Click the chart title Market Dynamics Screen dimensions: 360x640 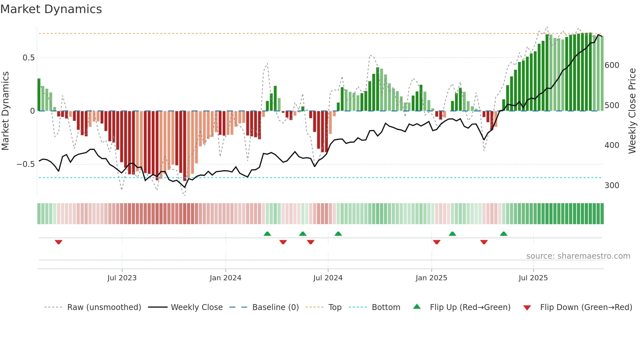(x=51, y=9)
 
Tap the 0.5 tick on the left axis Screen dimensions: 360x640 (x=28, y=58)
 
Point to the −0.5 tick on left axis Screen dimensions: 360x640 (x=26, y=164)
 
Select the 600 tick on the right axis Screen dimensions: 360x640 (x=612, y=65)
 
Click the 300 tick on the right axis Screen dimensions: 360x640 (x=612, y=186)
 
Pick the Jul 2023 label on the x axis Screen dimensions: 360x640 (x=122, y=278)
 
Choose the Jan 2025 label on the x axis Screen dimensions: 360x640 (x=431, y=278)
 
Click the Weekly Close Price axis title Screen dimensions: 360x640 (x=632, y=111)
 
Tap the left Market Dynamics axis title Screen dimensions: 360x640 (x=5, y=111)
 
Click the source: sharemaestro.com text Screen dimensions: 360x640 (x=578, y=256)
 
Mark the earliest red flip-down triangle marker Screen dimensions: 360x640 (x=58, y=242)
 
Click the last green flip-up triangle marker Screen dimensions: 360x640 (x=504, y=234)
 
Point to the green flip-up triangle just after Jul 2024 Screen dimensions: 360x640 (x=338, y=234)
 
